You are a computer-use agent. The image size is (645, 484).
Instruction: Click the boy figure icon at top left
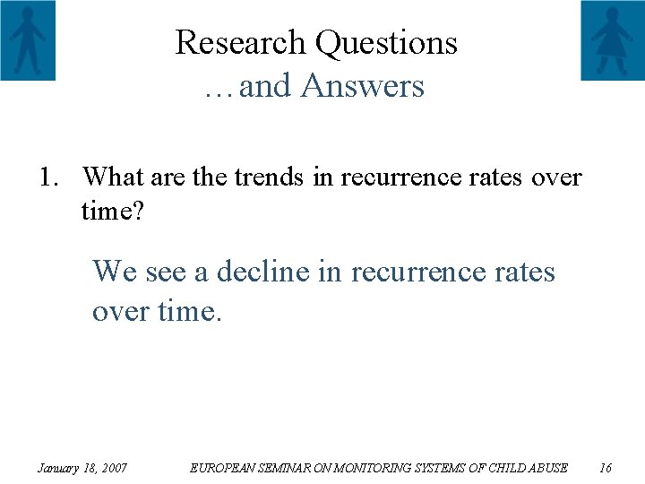click(x=28, y=40)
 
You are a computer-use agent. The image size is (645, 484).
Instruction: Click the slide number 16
click(x=605, y=467)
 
